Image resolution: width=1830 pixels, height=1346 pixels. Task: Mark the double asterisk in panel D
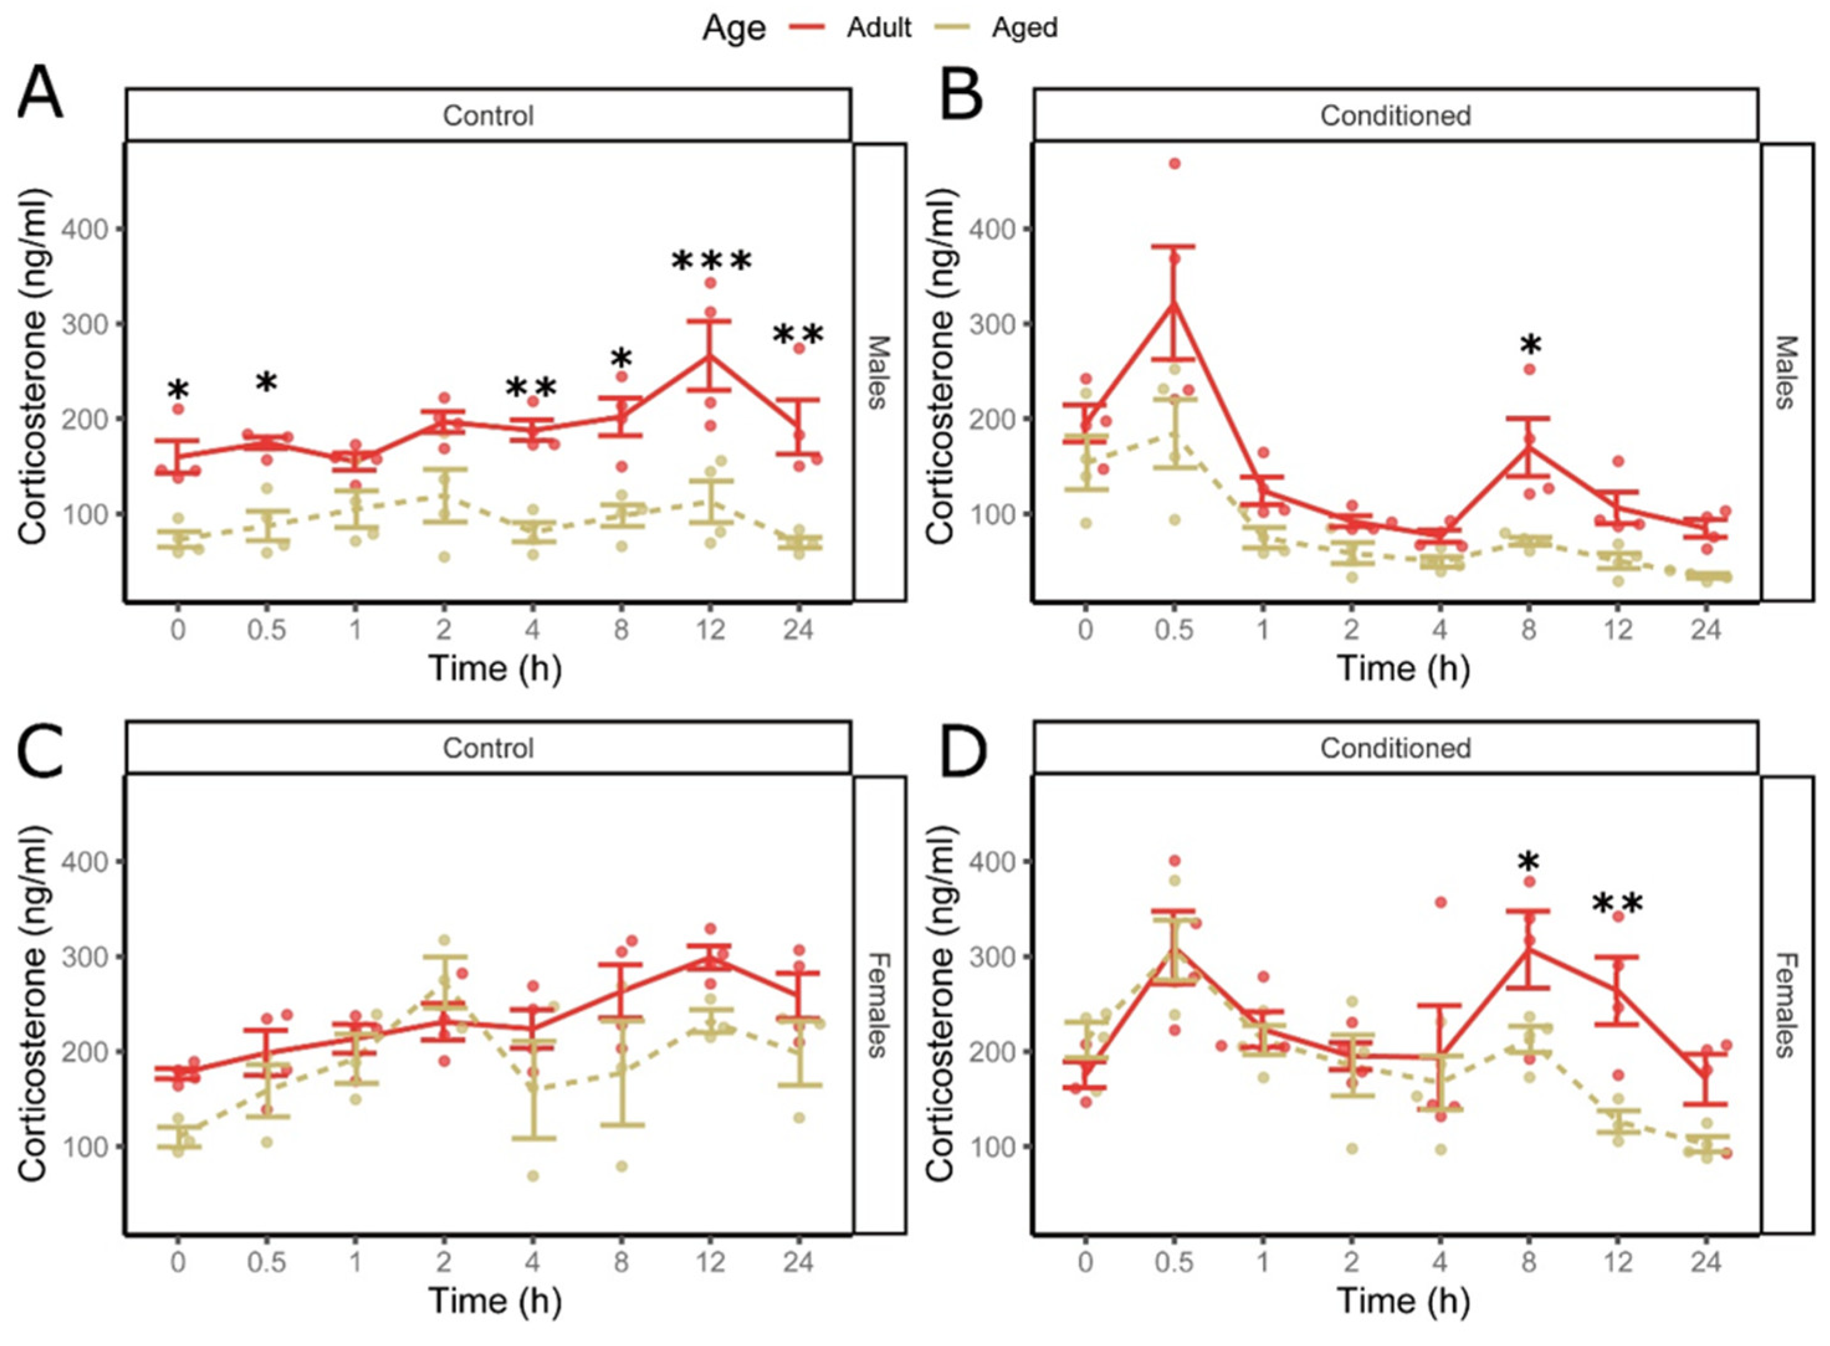(1618, 905)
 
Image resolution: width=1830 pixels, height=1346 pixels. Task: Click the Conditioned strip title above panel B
(1396, 115)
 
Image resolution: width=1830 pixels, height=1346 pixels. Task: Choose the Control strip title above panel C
(488, 748)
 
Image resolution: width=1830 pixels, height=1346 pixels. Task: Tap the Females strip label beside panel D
(1785, 1005)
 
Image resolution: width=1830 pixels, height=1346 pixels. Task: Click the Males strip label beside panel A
(877, 371)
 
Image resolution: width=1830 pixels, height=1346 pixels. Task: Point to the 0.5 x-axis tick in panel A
(266, 629)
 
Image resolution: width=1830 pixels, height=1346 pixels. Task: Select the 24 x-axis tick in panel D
(1706, 1262)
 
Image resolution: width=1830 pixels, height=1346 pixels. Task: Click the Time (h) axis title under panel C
(496, 1301)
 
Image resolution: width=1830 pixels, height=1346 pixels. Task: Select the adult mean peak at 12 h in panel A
(710, 355)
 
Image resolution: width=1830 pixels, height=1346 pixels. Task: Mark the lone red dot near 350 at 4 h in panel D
(1441, 903)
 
